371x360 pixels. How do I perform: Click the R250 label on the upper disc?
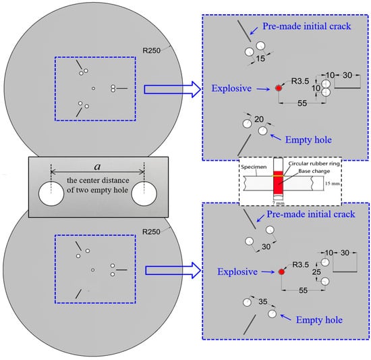(151, 51)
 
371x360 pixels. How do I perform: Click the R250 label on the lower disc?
(151, 232)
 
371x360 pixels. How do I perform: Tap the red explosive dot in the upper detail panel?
(279, 88)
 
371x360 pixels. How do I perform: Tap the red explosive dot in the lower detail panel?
(281, 272)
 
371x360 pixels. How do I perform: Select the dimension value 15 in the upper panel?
(260, 59)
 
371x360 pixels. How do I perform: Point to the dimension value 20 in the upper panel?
(259, 119)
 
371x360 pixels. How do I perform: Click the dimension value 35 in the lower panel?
(263, 301)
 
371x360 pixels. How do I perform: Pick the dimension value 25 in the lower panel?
(316, 272)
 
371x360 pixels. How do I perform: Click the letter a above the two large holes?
(97, 167)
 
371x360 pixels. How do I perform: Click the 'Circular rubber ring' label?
(314, 163)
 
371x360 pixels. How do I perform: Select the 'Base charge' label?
(314, 171)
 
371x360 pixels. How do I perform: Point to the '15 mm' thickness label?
(333, 183)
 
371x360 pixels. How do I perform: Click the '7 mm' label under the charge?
(278, 203)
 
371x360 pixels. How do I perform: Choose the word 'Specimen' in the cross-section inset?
(254, 167)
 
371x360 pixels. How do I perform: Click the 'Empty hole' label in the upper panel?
(308, 140)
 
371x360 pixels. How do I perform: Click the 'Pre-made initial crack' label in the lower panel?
(311, 214)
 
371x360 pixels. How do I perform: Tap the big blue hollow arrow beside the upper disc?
(173, 89)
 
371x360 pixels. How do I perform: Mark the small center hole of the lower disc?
(93, 269)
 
